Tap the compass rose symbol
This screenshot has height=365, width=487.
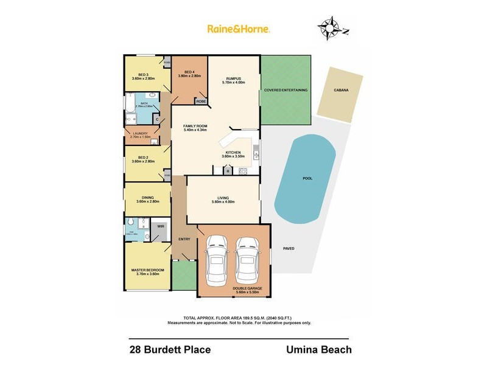331,29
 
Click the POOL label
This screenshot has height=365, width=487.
308,179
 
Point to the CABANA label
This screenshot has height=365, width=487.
341,90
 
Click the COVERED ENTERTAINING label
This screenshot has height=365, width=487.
286,90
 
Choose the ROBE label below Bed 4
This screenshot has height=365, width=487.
200,101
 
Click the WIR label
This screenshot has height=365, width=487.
161,226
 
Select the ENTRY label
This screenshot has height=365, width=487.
184,238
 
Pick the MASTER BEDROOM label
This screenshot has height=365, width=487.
145,269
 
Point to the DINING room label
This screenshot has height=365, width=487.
147,197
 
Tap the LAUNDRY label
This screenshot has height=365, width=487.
140,134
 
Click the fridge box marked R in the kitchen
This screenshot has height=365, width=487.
228,172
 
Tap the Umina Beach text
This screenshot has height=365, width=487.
318,350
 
